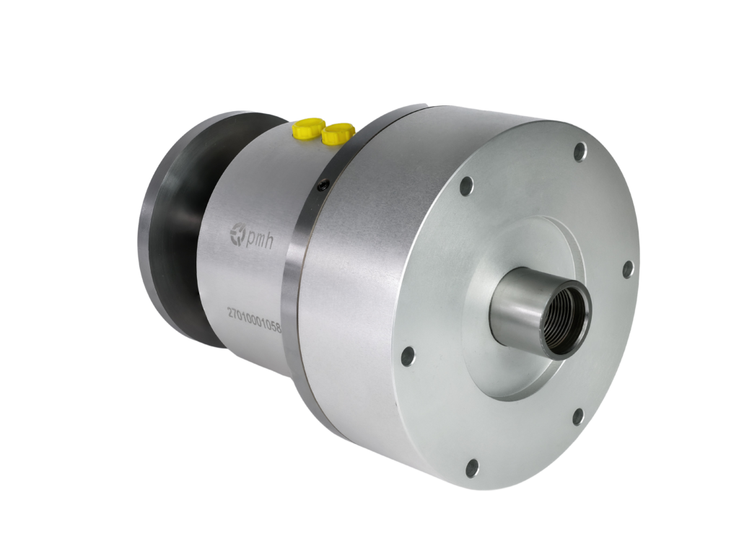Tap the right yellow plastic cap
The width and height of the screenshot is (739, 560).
(338, 134)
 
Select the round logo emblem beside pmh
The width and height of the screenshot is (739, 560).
(237, 234)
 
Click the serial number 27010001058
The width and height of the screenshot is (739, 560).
(254, 320)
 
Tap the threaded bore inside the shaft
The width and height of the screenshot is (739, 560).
(567, 319)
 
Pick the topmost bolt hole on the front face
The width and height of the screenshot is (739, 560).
(580, 152)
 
